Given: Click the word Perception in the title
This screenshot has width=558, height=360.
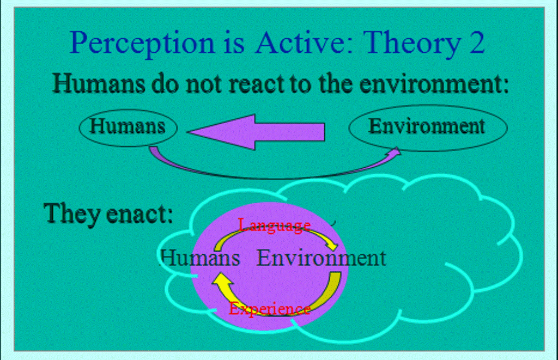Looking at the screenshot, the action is [142, 43].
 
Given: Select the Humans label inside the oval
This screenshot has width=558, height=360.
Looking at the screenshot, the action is [128, 126].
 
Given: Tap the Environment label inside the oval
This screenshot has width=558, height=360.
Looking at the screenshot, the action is [426, 126].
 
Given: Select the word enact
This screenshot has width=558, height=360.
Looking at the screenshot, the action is [139, 214].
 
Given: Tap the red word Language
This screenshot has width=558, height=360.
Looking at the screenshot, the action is [274, 225].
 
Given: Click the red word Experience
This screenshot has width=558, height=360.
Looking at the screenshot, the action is [270, 308].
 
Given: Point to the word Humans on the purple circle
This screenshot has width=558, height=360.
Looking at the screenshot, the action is [199, 258].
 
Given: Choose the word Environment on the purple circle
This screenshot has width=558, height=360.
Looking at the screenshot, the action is [322, 258].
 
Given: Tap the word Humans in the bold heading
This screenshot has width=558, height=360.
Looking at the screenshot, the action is [99, 83].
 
